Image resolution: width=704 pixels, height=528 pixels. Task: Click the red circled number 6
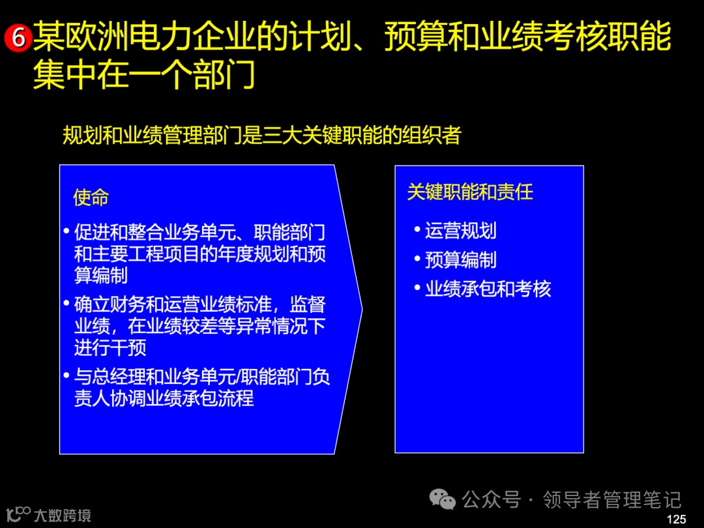click(18, 38)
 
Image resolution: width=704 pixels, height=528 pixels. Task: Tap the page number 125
click(677, 520)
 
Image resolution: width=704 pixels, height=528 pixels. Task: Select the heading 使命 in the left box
click(91, 198)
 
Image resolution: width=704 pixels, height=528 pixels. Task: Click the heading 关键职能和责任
click(470, 192)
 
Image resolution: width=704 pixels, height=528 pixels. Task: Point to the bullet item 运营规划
click(460, 230)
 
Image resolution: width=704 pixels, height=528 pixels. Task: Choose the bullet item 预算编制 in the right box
click(460, 259)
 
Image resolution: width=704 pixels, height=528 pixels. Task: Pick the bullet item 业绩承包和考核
click(488, 289)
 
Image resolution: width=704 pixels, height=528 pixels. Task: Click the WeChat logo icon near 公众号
click(443, 500)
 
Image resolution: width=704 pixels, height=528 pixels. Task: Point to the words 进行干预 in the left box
click(110, 347)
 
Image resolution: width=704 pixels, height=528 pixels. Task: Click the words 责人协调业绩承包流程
click(164, 398)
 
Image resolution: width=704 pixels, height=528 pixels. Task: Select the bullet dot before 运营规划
click(417, 230)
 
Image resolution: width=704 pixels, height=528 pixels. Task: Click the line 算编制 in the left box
click(101, 275)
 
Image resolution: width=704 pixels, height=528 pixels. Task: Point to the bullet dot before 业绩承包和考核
click(417, 289)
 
